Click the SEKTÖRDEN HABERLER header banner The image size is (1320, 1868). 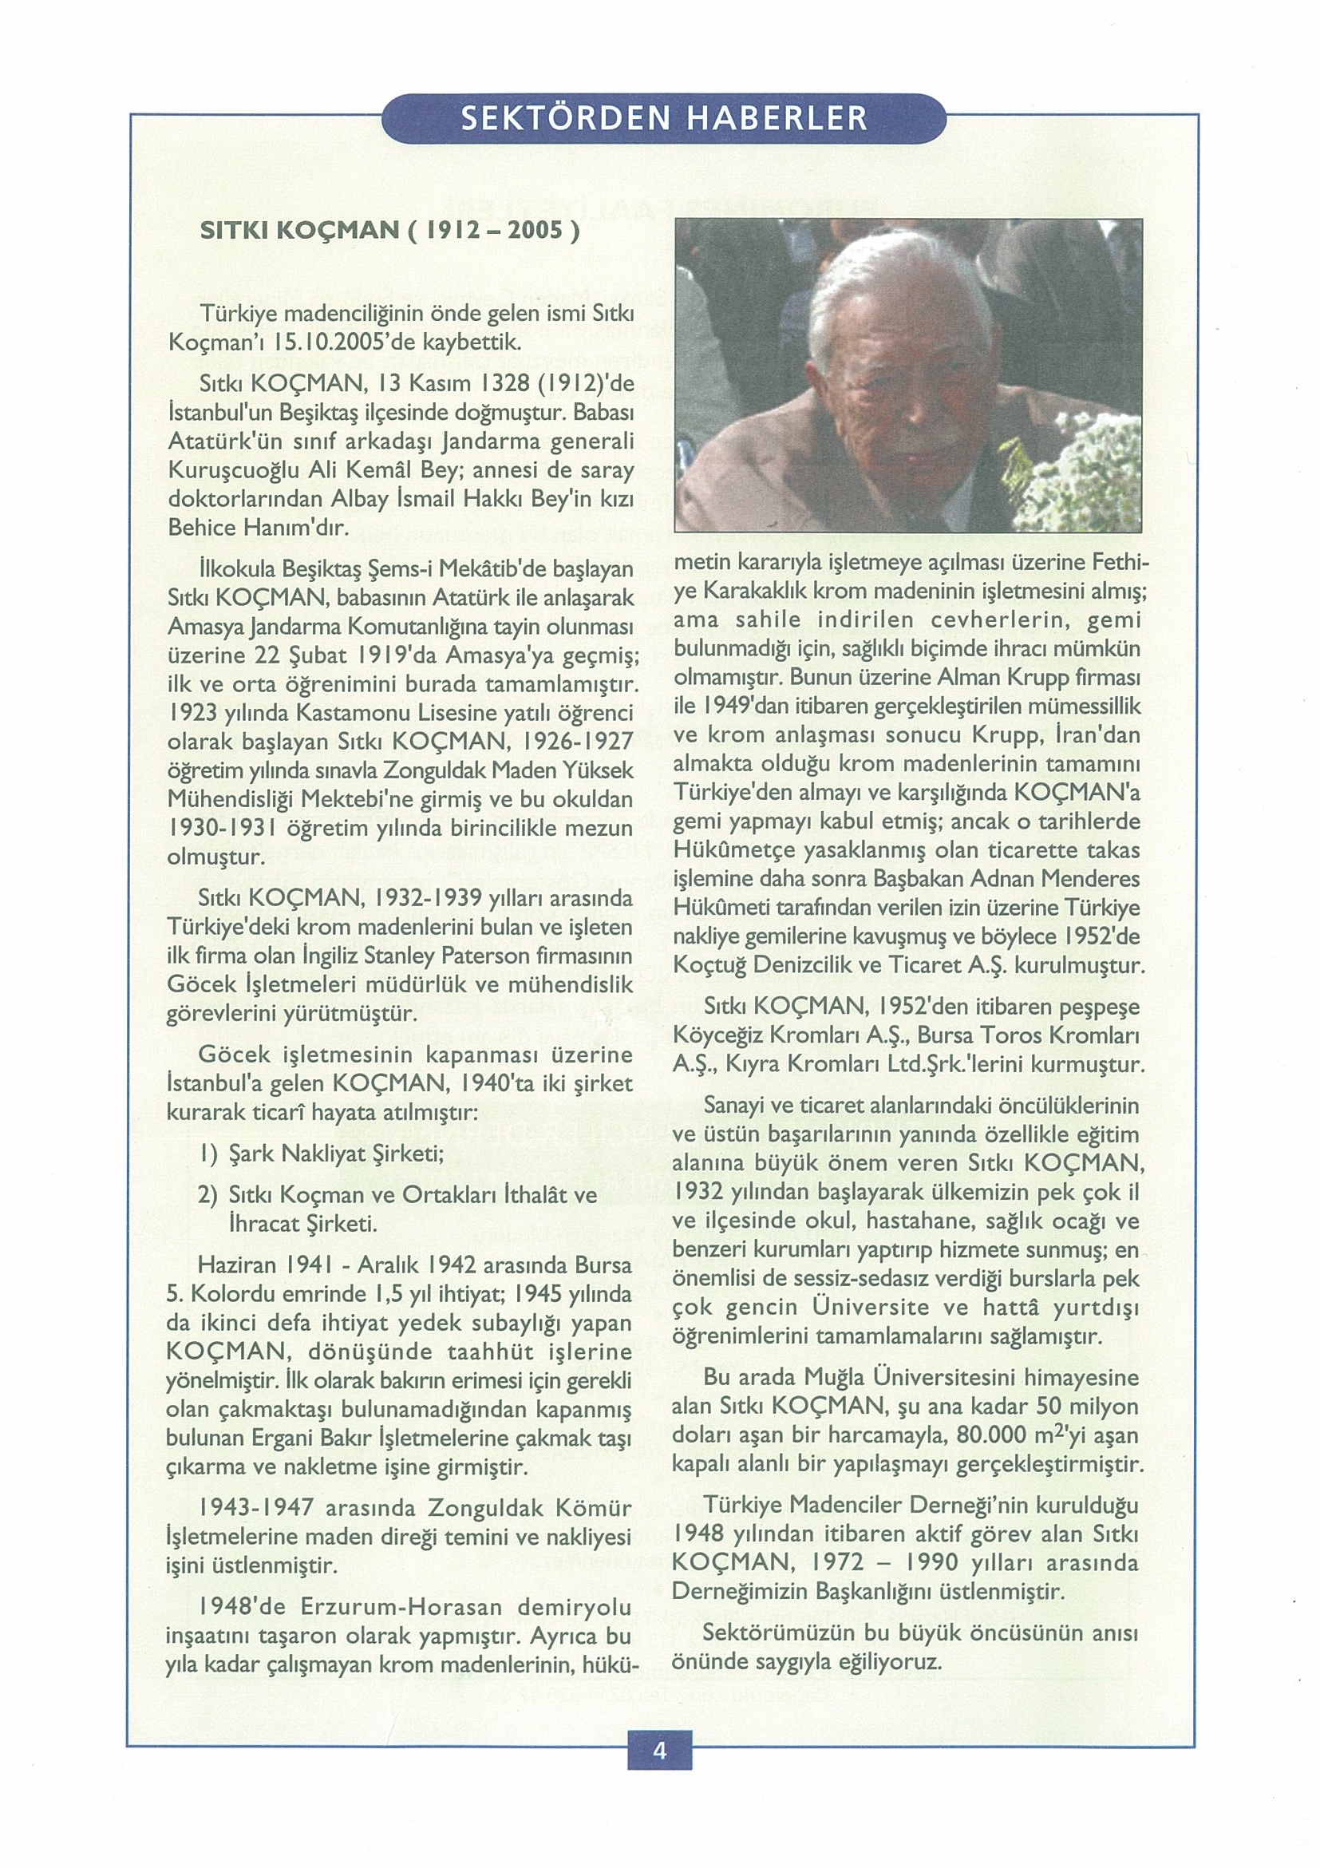tap(663, 120)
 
